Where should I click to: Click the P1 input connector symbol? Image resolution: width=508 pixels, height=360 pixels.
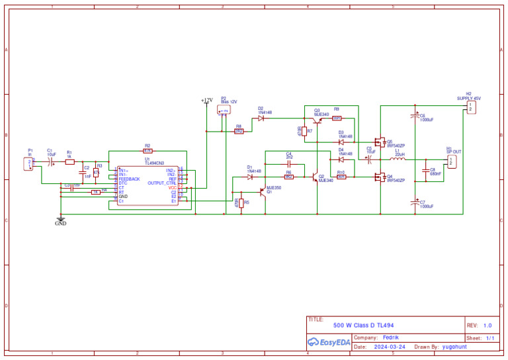tap(29, 163)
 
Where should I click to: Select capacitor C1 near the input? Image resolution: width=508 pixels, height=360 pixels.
tap(50, 162)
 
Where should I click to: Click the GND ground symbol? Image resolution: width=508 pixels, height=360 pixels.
tap(61, 220)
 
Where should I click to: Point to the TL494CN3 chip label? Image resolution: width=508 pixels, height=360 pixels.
tap(154, 163)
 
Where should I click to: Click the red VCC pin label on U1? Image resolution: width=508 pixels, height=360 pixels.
tap(172, 188)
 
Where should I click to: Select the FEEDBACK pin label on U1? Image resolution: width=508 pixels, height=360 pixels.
tap(130, 179)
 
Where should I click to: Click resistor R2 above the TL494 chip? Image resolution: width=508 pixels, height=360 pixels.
tap(148, 151)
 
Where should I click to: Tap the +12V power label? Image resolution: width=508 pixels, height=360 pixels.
tap(206, 101)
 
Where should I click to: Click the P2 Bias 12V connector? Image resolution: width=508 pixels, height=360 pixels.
tap(224, 110)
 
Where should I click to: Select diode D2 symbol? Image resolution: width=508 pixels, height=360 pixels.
tap(261, 118)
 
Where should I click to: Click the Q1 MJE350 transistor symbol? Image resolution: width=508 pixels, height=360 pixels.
tap(263, 191)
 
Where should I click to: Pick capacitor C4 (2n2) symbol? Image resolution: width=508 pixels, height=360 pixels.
tap(288, 163)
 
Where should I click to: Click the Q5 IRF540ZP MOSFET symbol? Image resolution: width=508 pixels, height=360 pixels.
tap(380, 142)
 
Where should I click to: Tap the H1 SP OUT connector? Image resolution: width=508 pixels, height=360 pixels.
tap(452, 161)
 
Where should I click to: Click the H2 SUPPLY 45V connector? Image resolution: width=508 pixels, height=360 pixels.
tap(470, 107)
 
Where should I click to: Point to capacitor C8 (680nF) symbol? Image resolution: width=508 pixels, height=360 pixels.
tap(427, 171)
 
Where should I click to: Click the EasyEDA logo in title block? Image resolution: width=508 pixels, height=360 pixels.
tap(329, 342)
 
